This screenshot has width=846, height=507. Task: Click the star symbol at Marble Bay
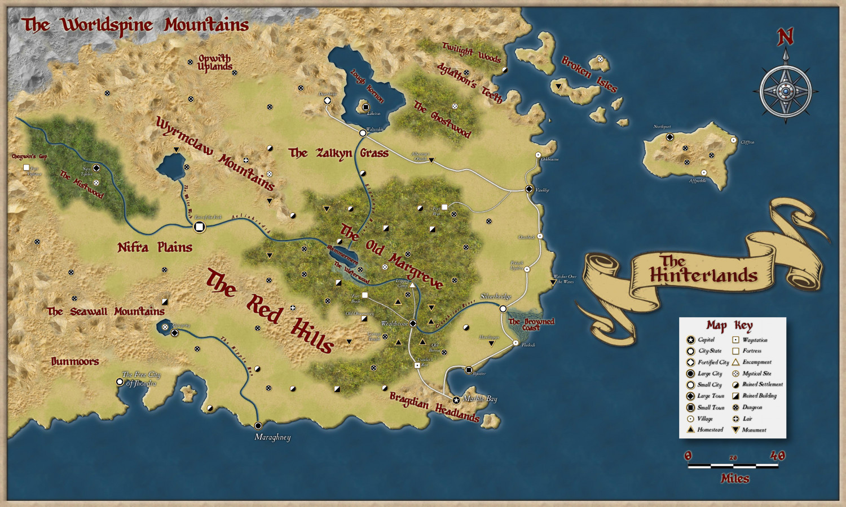click(x=456, y=400)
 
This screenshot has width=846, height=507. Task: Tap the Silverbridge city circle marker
click(x=503, y=309)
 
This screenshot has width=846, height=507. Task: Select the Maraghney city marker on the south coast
click(x=258, y=426)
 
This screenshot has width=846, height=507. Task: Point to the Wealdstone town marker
click(x=413, y=323)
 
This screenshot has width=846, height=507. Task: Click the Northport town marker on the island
click(x=669, y=137)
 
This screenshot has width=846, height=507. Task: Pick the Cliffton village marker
click(x=734, y=140)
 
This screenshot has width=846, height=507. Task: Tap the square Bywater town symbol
click(x=468, y=370)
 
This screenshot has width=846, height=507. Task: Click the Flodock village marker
click(x=515, y=343)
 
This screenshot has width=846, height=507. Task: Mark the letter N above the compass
click(x=785, y=37)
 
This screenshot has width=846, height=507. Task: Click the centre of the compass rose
click(x=786, y=91)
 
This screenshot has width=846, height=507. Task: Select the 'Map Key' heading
click(x=729, y=326)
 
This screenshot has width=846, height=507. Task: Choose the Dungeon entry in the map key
click(x=752, y=407)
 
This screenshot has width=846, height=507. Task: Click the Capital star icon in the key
click(x=690, y=340)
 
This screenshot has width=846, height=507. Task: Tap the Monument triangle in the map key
click(x=735, y=430)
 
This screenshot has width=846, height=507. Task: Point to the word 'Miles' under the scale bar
click(x=735, y=478)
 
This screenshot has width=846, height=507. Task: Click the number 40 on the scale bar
click(x=777, y=455)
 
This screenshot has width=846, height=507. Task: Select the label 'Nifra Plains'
click(x=155, y=247)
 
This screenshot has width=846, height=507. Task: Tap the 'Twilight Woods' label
click(x=471, y=52)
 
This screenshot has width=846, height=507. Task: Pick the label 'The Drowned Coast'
click(x=531, y=324)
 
